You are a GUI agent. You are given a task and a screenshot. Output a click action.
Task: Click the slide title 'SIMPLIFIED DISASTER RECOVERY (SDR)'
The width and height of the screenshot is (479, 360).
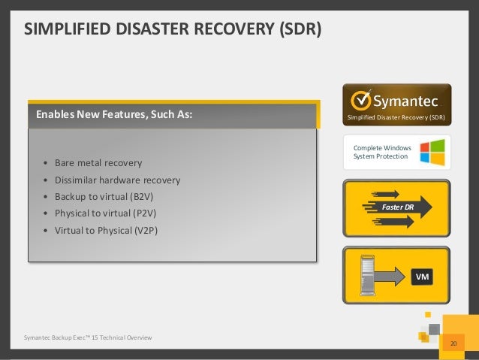click(173, 29)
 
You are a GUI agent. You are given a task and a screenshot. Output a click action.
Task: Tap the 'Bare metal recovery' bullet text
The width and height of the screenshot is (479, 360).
click(98, 163)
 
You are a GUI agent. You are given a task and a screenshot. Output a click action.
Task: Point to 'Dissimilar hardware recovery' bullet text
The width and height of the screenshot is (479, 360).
click(117, 180)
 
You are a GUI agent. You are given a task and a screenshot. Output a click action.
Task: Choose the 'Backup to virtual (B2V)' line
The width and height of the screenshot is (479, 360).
click(108, 197)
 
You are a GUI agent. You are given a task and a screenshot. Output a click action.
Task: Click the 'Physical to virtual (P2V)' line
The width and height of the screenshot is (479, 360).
click(108, 213)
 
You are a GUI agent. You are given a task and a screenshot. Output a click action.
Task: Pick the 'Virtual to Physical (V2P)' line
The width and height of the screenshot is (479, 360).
click(106, 230)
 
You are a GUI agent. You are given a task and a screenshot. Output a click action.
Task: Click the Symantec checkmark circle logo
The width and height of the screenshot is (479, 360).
click(360, 100)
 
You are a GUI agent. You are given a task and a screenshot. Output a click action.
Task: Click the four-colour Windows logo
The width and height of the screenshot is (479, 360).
click(434, 151)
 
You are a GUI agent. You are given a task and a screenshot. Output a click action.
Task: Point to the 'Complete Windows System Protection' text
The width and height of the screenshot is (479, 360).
click(381, 153)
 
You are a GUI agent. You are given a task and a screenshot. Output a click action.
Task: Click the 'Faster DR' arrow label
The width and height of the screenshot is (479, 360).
click(398, 205)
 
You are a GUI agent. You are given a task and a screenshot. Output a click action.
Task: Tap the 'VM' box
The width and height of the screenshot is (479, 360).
click(424, 277)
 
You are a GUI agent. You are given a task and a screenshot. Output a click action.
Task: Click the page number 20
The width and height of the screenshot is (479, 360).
click(453, 343)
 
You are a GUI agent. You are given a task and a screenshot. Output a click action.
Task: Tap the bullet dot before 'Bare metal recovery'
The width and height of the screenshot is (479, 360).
click(46, 164)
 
